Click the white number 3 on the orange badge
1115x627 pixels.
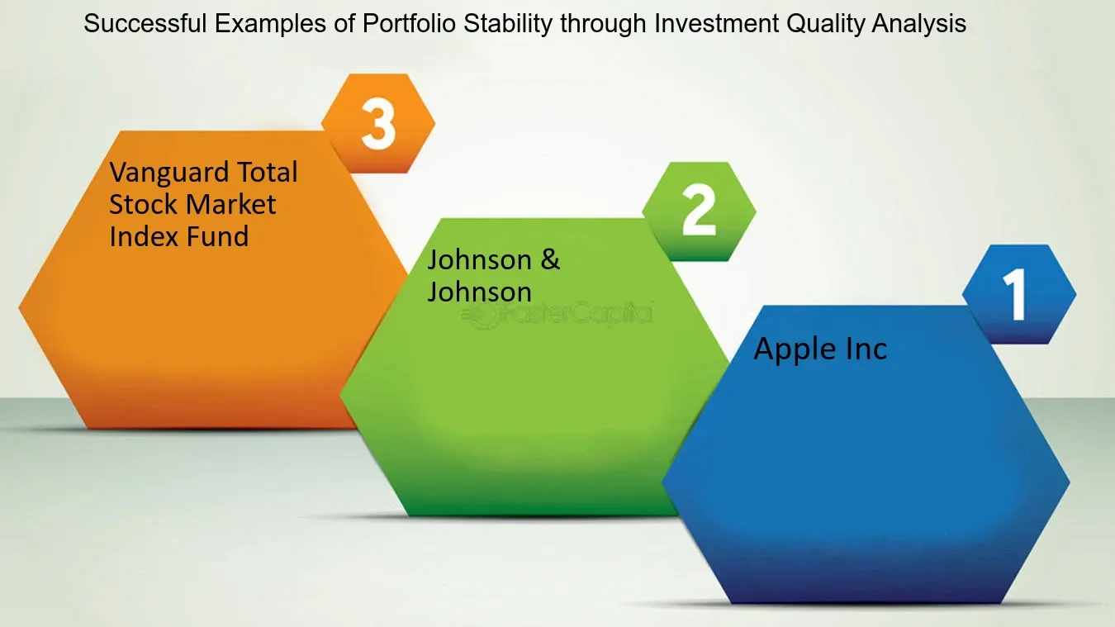coord(378,124)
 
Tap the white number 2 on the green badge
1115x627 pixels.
coord(699,211)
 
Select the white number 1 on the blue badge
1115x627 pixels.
coord(1014,295)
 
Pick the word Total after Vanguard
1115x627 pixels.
coord(257,173)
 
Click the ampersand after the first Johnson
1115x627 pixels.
coord(550,259)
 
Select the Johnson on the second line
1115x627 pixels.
coord(479,292)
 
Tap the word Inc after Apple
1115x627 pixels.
coord(865,349)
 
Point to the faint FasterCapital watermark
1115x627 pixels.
coord(562,314)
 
